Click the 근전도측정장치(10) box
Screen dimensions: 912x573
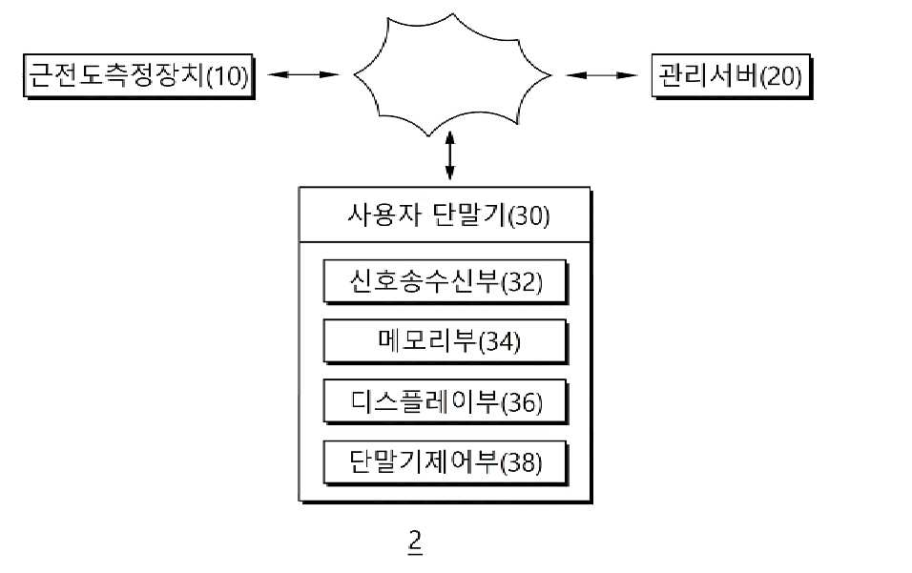139,76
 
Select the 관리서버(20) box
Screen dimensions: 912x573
731,76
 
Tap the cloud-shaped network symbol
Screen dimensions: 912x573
452,75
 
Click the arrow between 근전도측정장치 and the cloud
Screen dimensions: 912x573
303,74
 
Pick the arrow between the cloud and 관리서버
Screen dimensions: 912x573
601,75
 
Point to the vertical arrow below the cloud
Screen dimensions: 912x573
449,155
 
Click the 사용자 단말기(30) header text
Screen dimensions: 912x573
448,215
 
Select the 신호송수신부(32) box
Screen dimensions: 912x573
446,282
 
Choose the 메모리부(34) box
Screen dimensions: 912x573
446,341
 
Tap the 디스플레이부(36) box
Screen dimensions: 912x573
446,401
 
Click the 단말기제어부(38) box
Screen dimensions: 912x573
446,462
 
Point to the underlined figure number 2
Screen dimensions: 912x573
415,542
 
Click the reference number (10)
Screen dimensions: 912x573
228,76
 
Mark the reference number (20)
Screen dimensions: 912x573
781,76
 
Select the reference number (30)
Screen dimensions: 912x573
529,216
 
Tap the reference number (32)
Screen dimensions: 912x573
522,283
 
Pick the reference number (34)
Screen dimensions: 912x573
500,342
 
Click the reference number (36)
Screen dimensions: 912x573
522,402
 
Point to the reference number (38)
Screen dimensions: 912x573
522,463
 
